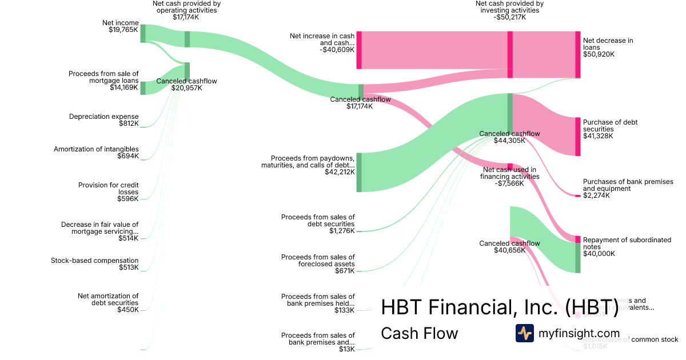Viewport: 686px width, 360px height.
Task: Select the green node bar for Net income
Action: [143, 33]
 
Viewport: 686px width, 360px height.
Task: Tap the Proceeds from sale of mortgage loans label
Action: [103, 81]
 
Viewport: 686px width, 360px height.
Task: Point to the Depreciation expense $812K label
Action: [103, 119]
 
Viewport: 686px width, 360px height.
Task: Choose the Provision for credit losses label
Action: [108, 191]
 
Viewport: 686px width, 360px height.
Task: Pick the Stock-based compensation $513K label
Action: [94, 263]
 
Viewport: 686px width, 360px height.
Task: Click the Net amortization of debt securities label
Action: [108, 302]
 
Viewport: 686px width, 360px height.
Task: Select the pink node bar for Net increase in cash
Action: [359, 50]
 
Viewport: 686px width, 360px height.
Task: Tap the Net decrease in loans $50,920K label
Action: [608, 47]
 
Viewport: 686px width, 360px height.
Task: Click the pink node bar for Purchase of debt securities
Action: [577, 136]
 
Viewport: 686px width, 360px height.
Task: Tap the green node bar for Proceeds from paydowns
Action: [359, 172]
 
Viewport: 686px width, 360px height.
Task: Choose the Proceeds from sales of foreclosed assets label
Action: [318, 263]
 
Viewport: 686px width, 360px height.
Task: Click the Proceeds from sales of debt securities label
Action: [318, 223]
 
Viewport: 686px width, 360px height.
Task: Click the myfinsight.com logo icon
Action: [524, 333]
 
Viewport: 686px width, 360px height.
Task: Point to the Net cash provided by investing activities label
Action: [509, 10]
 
